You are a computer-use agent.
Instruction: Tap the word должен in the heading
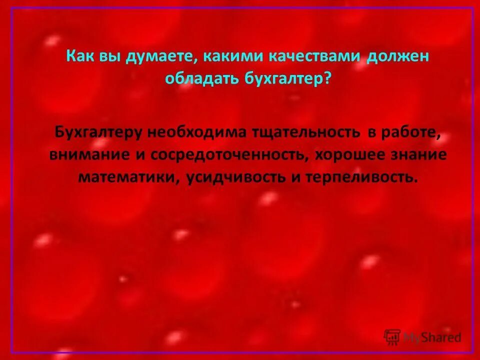[399, 55]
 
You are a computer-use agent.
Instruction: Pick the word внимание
[88, 154]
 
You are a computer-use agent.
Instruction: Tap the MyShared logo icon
[392, 337]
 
